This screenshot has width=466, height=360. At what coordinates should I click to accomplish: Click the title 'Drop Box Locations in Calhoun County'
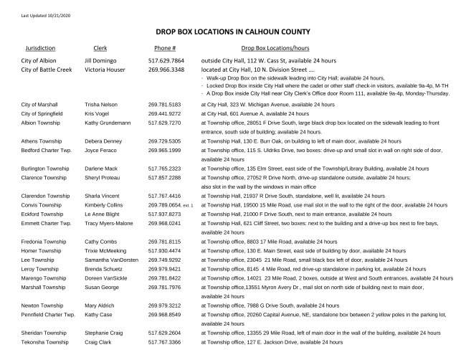click(x=233, y=32)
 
